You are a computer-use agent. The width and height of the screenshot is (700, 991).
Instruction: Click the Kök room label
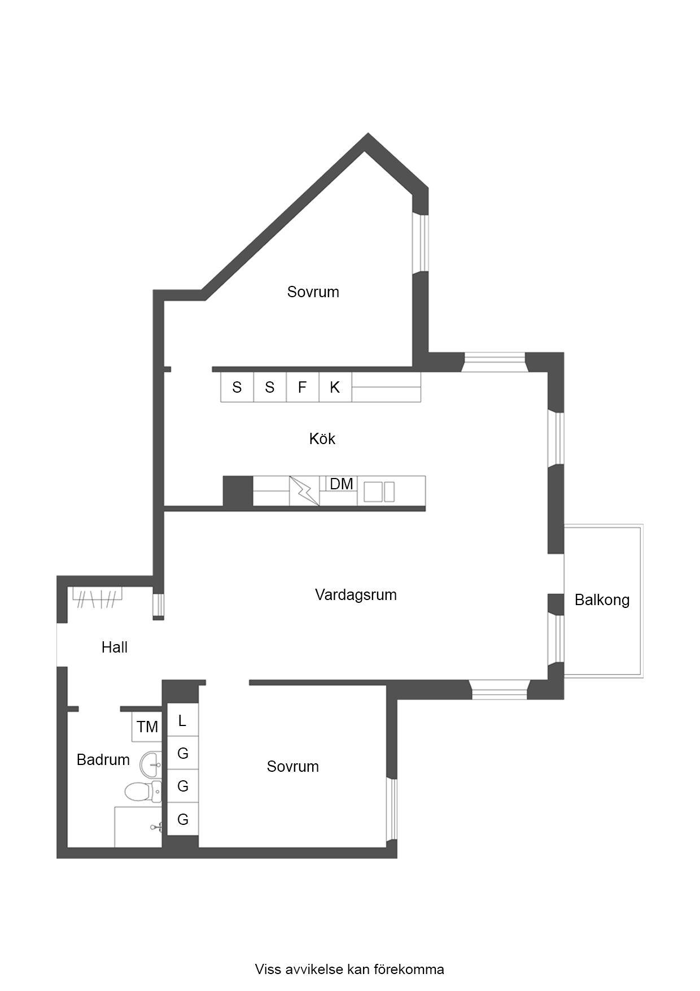322,439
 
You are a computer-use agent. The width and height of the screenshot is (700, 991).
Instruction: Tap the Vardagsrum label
356,595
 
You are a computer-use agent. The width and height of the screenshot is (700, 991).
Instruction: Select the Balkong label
602,600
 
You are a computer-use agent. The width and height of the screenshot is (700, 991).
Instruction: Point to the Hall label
115,647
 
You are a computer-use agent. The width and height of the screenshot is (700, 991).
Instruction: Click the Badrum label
103,760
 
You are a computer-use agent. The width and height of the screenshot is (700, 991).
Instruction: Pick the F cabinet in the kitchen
302,388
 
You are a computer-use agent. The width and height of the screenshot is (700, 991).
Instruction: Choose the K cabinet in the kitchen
335,388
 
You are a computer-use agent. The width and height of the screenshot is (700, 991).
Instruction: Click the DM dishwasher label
342,484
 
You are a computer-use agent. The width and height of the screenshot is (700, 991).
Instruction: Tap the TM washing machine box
147,727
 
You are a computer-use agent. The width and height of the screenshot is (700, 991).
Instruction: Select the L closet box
182,721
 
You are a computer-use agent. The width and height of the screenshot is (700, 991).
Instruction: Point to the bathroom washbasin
151,764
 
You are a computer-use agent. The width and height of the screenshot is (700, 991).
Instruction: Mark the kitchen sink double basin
379,492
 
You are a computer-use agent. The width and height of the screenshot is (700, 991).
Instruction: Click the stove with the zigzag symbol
304,491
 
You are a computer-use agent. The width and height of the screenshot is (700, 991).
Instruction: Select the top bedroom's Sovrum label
313,292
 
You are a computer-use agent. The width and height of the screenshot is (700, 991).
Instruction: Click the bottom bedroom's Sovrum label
292,767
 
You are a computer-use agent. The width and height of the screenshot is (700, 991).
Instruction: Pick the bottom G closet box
182,819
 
